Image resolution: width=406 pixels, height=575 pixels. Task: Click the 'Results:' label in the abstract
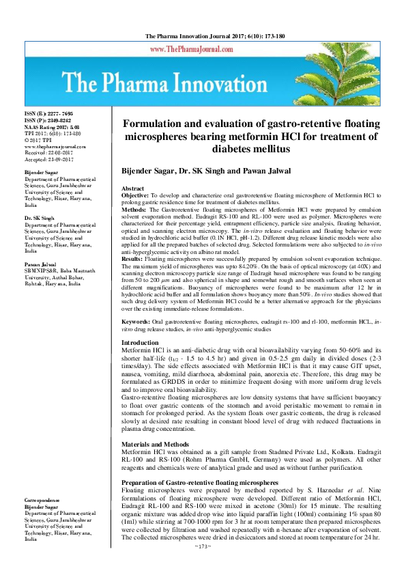[133, 260]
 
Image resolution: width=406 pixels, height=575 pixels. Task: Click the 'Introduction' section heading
[139, 342]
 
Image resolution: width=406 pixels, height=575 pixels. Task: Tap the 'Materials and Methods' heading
[156, 445]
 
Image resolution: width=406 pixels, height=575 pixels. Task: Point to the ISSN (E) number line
[48, 113]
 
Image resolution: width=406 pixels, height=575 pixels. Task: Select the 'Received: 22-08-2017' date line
[50, 153]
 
